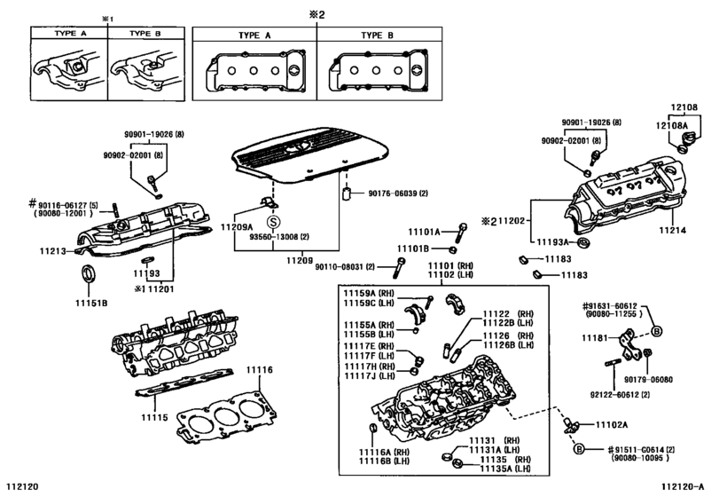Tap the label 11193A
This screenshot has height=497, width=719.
click(x=556, y=241)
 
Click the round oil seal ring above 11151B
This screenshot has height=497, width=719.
click(x=90, y=273)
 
